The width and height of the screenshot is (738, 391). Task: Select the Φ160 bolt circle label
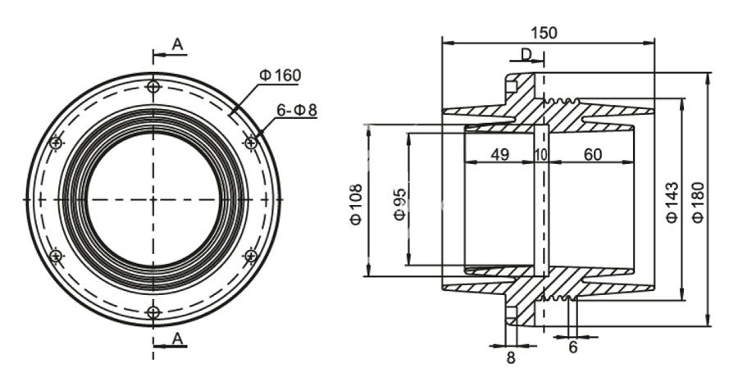pos(280,75)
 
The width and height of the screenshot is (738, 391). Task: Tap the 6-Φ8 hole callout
pos(296,109)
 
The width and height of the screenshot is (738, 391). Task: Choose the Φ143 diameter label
pos(672,202)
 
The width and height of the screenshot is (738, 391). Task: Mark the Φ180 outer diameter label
pos(698,202)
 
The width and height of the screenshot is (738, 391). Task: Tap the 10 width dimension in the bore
pos(540,153)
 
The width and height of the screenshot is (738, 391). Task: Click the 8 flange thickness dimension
pos(511,357)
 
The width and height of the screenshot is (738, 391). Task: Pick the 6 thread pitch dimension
pos(573,348)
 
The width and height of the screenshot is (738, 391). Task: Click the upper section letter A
pos(177,46)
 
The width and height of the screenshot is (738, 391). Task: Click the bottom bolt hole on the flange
pos(153,311)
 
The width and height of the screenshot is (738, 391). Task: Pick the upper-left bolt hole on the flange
pos(56,143)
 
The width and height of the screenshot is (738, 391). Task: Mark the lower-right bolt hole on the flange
pos(251,256)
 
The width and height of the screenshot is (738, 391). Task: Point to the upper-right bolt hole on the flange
pos(251,143)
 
